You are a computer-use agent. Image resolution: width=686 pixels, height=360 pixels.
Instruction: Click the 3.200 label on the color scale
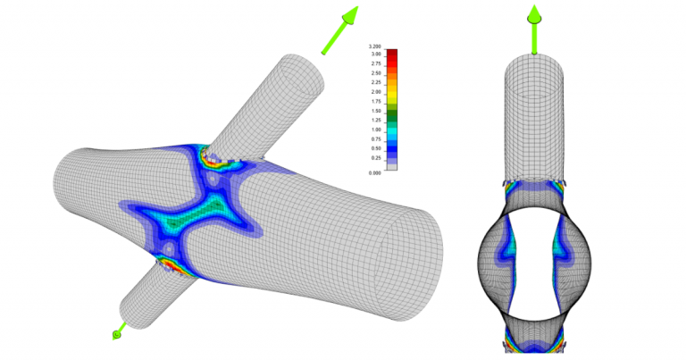click(375, 46)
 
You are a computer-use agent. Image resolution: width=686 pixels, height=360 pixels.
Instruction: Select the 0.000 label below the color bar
click(375, 172)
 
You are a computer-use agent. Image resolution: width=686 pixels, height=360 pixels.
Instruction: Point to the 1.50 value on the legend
click(376, 111)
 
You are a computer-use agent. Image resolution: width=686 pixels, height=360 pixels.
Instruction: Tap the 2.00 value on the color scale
click(376, 92)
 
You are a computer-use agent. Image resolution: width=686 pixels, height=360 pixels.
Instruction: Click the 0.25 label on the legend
click(376, 157)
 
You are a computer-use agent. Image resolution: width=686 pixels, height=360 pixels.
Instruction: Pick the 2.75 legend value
click(376, 63)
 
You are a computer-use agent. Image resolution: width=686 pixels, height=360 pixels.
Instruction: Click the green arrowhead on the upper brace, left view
click(350, 15)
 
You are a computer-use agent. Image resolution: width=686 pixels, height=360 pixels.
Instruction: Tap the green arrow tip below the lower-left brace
click(116, 335)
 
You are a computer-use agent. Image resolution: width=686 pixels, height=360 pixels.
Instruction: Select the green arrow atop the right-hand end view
click(534, 14)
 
